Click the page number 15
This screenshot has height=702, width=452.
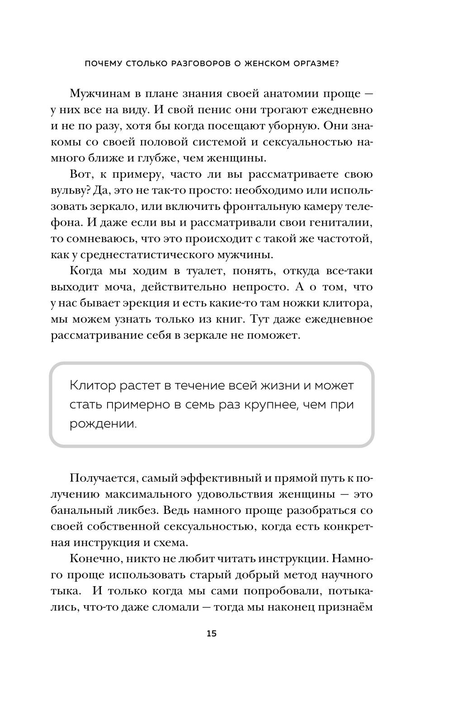pos(212,633)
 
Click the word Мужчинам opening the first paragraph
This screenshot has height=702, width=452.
pos(99,94)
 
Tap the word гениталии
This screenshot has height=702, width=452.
pos(342,223)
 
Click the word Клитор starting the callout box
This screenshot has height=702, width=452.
pos(93,386)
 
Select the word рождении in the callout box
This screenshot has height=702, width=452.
pos(103,424)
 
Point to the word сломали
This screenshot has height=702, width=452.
pos(171,607)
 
